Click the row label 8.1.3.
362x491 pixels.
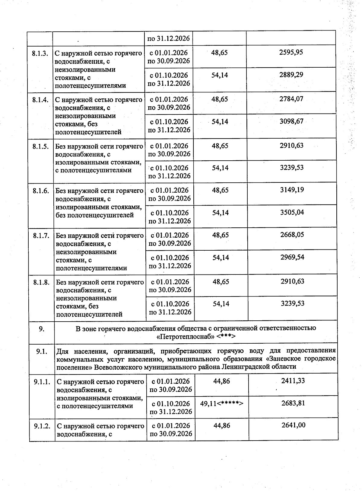[x=40, y=53]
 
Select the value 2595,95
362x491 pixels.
[x=291, y=52]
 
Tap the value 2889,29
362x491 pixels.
[x=291, y=75]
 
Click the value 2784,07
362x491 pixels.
[x=291, y=99]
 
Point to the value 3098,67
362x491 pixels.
[x=291, y=121]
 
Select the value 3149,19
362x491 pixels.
[x=292, y=190]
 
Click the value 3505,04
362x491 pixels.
[x=292, y=212]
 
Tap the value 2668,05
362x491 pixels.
[x=292, y=235]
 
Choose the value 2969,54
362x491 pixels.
[x=292, y=257]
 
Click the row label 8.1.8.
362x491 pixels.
[x=42, y=282]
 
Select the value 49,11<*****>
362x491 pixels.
[x=222, y=403]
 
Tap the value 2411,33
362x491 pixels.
[x=293, y=381]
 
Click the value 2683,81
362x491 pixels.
[x=293, y=403]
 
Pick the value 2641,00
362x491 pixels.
[x=293, y=425]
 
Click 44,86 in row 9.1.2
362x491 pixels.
[x=222, y=425]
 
